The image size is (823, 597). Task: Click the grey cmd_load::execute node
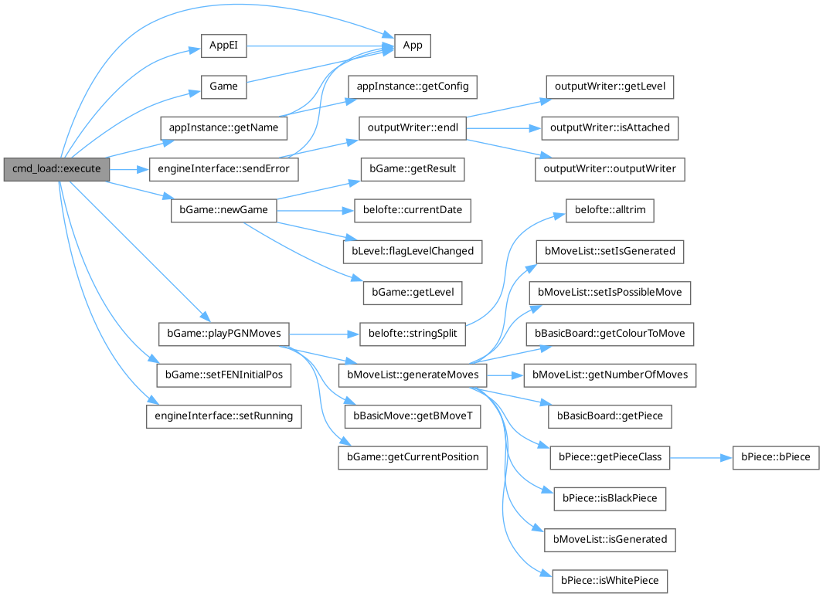click(56, 168)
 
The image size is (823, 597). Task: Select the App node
click(413, 46)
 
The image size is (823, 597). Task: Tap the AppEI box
click(223, 46)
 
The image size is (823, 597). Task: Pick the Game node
click(223, 86)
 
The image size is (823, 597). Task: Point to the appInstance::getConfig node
click(412, 86)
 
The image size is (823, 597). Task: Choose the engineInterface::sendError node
click(223, 168)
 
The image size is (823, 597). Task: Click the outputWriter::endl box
click(412, 127)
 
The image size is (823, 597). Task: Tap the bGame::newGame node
click(223, 209)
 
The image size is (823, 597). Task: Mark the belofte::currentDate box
click(412, 209)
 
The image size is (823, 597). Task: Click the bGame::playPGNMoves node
click(223, 334)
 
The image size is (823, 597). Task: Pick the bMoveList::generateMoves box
click(412, 375)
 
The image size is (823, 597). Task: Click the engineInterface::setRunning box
click(223, 416)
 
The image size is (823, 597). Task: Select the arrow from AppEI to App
click(320, 46)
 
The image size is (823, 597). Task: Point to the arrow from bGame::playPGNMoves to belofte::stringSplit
click(324, 334)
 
